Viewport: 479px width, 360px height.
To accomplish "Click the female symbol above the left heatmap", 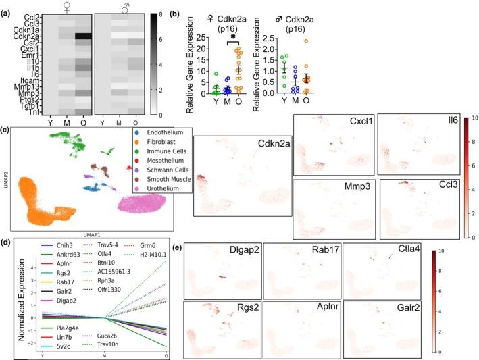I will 64,7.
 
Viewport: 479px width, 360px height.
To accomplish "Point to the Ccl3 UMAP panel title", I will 443,190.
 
